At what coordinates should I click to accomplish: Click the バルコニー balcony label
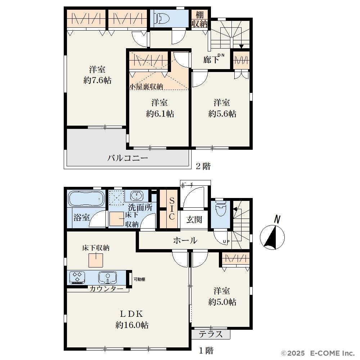[128, 158]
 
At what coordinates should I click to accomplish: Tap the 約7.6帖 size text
[98, 80]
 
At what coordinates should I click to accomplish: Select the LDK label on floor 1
[132, 314]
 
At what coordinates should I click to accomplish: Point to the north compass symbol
[273, 234]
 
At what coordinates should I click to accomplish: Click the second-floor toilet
[162, 18]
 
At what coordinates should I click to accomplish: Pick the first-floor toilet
[221, 208]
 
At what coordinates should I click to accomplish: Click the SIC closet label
[172, 208]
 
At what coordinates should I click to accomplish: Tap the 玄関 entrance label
[194, 220]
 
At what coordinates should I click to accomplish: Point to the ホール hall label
[185, 240]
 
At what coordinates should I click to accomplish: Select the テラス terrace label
[211, 334]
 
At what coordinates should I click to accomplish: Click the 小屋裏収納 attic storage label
[146, 86]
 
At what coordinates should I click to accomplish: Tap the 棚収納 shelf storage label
[199, 19]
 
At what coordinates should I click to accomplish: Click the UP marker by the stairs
[226, 242]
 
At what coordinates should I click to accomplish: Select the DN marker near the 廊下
[221, 55]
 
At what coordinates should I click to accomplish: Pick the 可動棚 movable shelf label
[139, 279]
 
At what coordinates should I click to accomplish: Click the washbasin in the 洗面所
[137, 196]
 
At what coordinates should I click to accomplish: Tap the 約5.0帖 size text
[222, 302]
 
